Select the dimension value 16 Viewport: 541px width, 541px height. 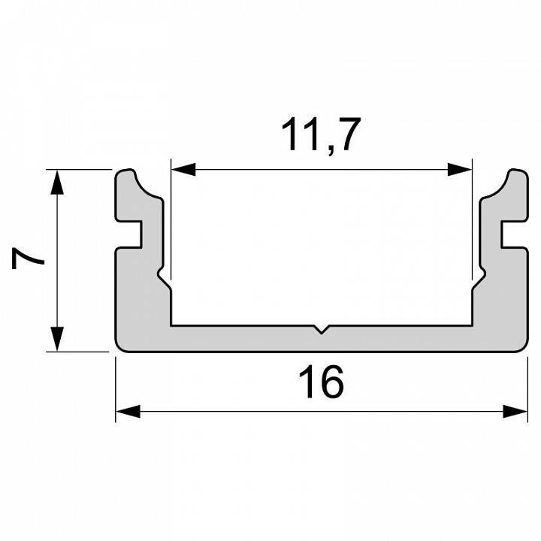tap(322, 382)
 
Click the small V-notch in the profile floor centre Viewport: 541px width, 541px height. tap(322, 329)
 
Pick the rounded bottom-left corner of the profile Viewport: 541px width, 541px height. tap(120, 346)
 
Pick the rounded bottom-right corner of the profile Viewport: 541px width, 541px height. tap(523, 346)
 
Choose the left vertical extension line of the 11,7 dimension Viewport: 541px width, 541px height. tap(171, 225)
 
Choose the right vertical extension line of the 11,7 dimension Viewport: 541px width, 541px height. tap(472, 225)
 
